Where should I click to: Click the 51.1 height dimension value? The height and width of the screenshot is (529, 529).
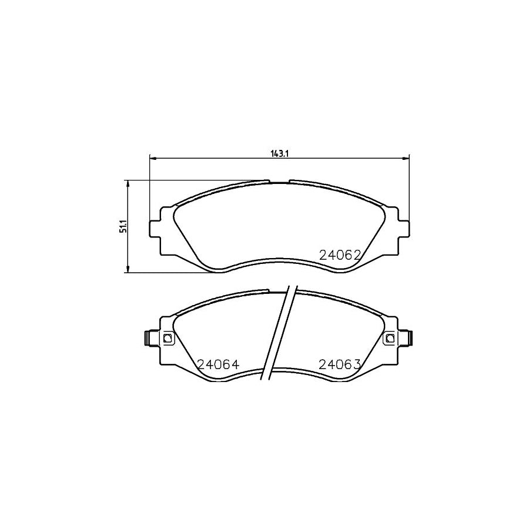click(122, 227)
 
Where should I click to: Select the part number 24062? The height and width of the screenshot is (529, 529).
click(339, 255)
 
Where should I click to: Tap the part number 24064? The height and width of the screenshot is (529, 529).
click(219, 364)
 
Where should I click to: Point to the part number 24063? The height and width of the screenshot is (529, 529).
click(339, 364)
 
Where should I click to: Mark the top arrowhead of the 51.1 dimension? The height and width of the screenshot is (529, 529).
click(128, 183)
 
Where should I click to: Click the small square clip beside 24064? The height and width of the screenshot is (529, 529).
click(168, 338)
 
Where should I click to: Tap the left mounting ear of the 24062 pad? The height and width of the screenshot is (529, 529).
click(157, 228)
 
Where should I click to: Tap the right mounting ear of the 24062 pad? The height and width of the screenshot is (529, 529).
click(403, 228)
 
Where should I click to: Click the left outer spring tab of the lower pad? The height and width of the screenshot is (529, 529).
click(148, 338)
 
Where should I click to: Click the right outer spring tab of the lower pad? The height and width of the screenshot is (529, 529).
click(410, 338)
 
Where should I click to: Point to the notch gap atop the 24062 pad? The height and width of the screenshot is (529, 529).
click(279, 182)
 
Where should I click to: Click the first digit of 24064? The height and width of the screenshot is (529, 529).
click(202, 364)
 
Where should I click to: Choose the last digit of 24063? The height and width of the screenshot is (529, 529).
click(356, 364)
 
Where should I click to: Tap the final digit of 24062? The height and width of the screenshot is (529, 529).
click(356, 255)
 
